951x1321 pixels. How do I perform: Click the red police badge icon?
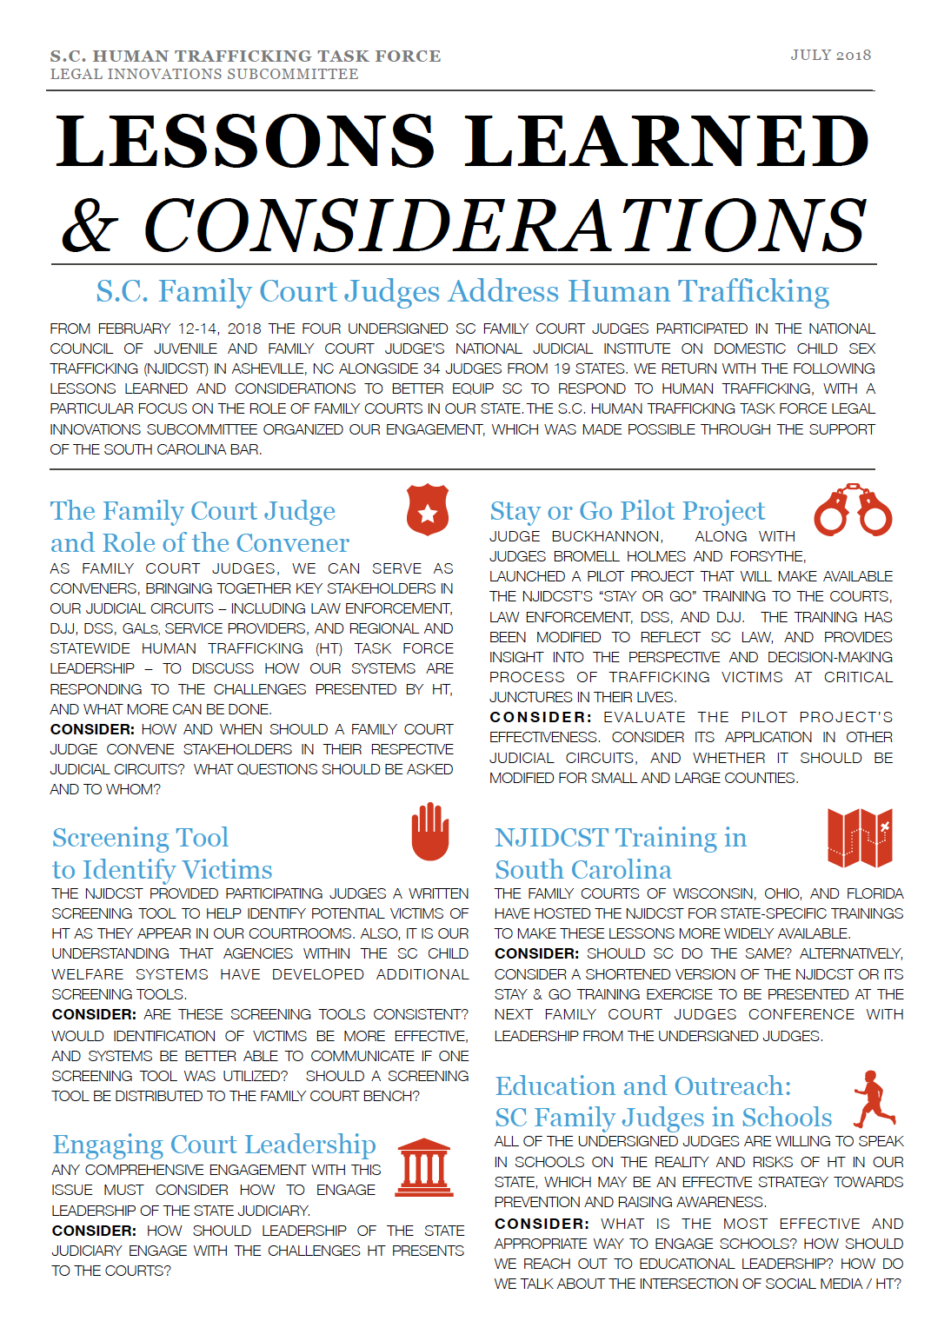428,510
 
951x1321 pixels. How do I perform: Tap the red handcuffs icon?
853,509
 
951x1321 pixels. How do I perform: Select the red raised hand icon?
429,833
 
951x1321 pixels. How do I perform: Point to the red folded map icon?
860,838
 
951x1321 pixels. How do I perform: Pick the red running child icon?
872,1099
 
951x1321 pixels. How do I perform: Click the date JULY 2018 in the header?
830,55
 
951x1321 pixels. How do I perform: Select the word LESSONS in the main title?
245,141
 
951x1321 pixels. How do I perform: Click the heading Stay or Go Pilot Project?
627,510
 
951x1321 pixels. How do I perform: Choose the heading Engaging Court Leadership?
214,1144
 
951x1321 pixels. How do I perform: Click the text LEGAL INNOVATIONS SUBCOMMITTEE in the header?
204,75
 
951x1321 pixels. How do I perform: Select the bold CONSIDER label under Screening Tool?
94,1014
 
